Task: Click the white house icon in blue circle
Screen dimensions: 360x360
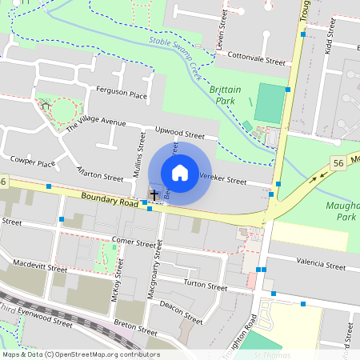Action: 180,173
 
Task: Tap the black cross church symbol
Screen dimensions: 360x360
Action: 154,194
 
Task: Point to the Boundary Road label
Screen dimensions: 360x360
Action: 109,200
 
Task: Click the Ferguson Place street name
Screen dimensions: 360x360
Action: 122,95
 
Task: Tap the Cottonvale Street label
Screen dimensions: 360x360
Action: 256,58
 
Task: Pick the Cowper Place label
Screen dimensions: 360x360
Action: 33,163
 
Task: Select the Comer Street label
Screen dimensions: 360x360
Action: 134,242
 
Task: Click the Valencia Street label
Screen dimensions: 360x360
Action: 320,265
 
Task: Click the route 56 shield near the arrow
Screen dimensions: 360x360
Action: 338,163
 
